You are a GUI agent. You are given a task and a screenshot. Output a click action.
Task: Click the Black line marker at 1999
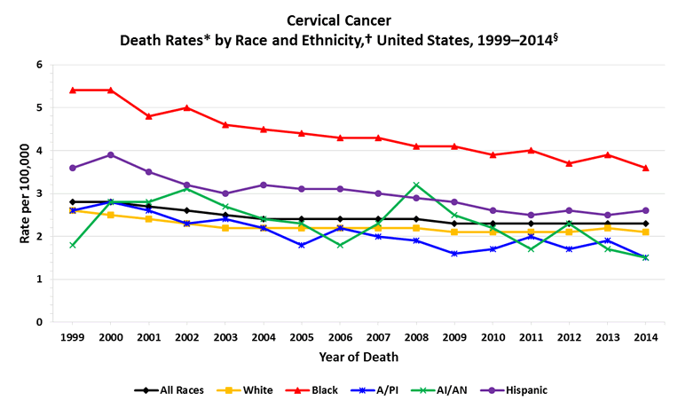pyautogui.click(x=73, y=90)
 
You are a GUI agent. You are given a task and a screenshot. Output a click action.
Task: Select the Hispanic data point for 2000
pyautogui.click(x=111, y=154)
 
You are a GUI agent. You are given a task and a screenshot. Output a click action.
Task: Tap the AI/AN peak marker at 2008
pyautogui.click(x=416, y=185)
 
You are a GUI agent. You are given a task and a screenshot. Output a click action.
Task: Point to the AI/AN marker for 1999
pyautogui.click(x=73, y=245)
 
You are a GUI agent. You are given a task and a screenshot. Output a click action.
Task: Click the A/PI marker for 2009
pyautogui.click(x=454, y=254)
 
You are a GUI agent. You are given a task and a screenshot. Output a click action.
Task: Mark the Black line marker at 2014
pyautogui.click(x=645, y=168)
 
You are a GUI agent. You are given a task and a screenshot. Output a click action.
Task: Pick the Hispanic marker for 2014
pyautogui.click(x=645, y=210)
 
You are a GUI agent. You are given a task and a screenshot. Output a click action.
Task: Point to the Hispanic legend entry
pyautogui.click(x=523, y=389)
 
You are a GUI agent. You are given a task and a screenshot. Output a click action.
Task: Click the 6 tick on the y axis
pyautogui.click(x=39, y=65)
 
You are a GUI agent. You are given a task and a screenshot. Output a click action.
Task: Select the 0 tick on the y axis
pyautogui.click(x=39, y=322)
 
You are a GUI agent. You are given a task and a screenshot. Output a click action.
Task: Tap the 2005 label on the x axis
pyautogui.click(x=302, y=338)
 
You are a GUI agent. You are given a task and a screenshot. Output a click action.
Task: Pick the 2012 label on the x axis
pyautogui.click(x=569, y=338)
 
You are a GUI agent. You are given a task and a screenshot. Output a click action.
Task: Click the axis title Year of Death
pyautogui.click(x=359, y=358)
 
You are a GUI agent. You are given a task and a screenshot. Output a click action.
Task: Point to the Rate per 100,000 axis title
pyautogui.click(x=13, y=193)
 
